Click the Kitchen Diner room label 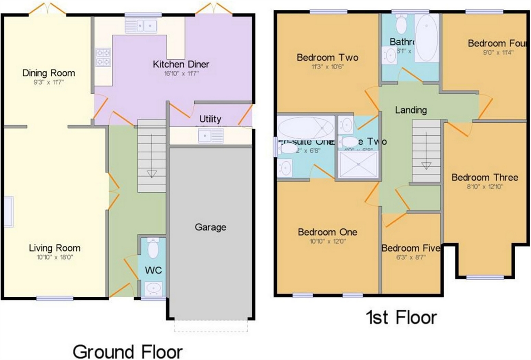(181, 64)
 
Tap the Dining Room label (48, 73)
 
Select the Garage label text (210, 227)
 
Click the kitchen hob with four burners (103, 57)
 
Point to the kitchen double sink (141, 26)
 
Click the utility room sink (210, 136)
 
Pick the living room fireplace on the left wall (9, 212)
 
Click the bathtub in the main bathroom (426, 38)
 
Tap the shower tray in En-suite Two (358, 164)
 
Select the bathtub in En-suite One (306, 127)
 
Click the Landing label (411, 110)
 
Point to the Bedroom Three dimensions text (485, 187)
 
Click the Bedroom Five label (410, 248)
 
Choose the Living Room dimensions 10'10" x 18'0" (54, 257)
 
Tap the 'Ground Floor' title (127, 351)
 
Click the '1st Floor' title (401, 317)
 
